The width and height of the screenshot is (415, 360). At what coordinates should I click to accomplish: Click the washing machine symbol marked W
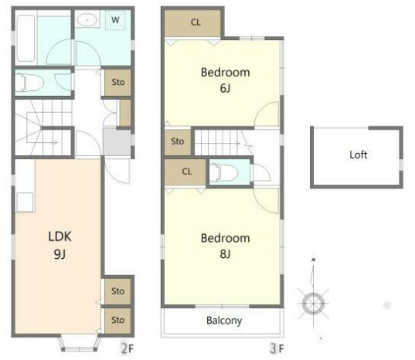[x=115, y=20]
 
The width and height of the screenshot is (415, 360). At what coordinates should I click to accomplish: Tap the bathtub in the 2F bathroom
[x=26, y=39]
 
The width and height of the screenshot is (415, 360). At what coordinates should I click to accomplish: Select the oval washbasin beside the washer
[x=87, y=20]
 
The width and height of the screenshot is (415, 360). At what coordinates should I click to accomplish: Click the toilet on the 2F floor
[x=29, y=82]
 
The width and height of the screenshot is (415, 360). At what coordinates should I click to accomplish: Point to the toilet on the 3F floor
[x=224, y=173]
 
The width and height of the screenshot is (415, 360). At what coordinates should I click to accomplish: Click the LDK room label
[x=60, y=236]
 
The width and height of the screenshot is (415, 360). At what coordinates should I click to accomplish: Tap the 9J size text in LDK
[x=60, y=254]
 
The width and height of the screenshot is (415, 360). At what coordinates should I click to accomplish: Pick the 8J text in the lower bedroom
[x=225, y=254]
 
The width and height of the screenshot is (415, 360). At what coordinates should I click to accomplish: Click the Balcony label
[x=224, y=321]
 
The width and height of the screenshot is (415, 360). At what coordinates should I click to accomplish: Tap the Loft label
[x=359, y=155]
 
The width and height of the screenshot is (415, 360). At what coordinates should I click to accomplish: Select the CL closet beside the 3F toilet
[x=185, y=172]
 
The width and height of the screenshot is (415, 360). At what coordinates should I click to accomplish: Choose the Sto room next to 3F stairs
[x=178, y=142]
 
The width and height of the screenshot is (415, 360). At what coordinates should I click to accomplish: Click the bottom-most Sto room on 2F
[x=117, y=321]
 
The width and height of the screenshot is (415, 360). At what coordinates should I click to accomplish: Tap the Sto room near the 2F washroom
[x=117, y=82]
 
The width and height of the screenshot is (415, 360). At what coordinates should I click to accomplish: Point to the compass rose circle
[x=313, y=304]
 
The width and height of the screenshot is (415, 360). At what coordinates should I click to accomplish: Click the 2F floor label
[x=128, y=348]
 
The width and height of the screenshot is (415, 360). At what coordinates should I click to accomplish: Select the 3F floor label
[x=277, y=348]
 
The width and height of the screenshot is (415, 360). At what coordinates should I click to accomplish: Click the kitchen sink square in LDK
[x=26, y=202]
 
